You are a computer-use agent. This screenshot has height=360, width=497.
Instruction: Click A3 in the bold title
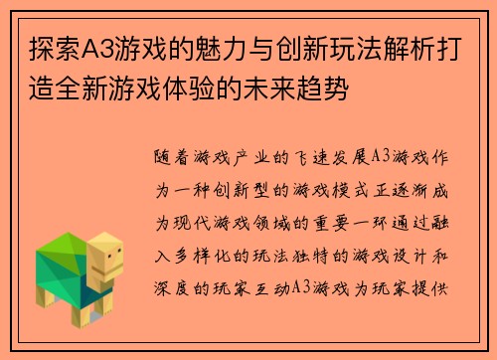[79, 49]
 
